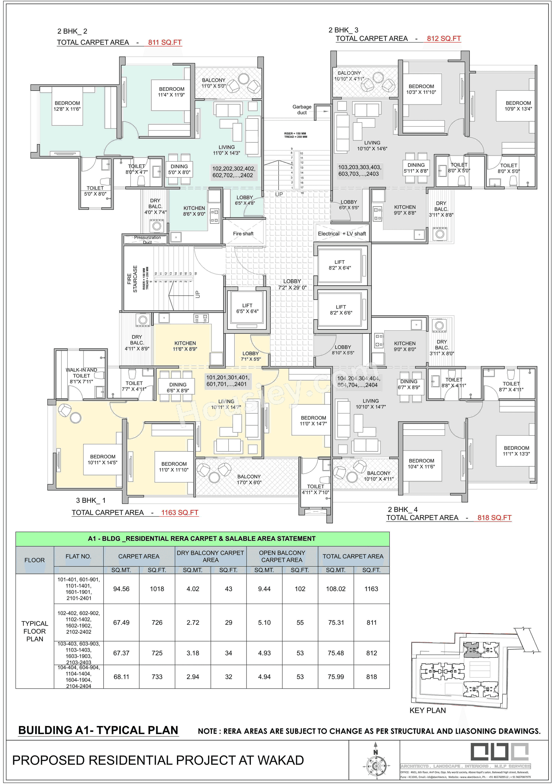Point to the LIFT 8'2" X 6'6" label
[341, 310]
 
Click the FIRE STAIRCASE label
[132, 279]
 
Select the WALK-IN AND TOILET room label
[81, 376]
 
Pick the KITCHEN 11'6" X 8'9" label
[185, 346]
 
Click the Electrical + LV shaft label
[342, 234]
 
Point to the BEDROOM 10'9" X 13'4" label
[518, 106]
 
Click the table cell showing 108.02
[336, 589]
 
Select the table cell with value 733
[157, 676]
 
